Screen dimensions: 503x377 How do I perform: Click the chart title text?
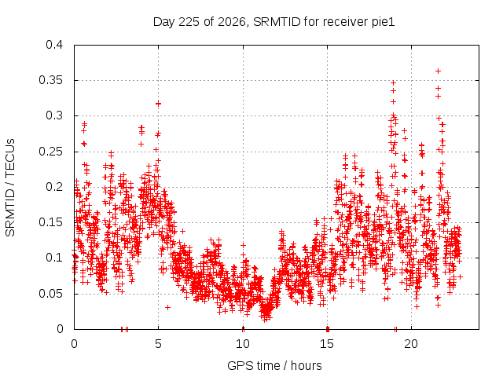[x=274, y=22]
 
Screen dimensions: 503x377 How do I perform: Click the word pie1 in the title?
[x=383, y=23]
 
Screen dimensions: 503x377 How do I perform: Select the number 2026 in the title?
[x=232, y=22]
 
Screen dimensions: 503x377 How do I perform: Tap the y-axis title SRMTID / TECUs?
[x=10, y=188]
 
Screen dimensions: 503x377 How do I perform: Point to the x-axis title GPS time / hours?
[x=274, y=365]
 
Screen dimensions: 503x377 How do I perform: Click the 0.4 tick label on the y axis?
[x=54, y=45]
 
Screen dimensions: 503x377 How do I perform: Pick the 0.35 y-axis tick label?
[x=50, y=80]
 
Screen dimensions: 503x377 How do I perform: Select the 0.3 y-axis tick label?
[x=54, y=115]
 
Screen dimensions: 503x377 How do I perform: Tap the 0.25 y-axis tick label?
[x=50, y=152]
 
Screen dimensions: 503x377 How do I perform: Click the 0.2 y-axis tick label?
[x=54, y=187]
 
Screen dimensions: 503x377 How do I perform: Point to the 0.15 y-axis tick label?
[x=50, y=222]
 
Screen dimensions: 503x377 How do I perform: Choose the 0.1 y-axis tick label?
[x=54, y=258]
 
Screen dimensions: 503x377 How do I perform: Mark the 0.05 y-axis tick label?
[x=50, y=293]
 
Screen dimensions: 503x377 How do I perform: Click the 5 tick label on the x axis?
[x=158, y=344]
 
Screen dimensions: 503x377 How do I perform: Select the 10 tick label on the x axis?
[x=243, y=344]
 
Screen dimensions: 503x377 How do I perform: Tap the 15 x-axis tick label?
[x=327, y=344]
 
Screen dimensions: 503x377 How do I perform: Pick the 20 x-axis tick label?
[x=411, y=344]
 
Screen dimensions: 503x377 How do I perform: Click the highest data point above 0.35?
[x=438, y=71]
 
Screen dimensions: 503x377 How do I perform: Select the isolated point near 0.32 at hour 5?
[x=158, y=104]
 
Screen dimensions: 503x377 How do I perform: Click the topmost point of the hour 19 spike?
[x=393, y=83]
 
